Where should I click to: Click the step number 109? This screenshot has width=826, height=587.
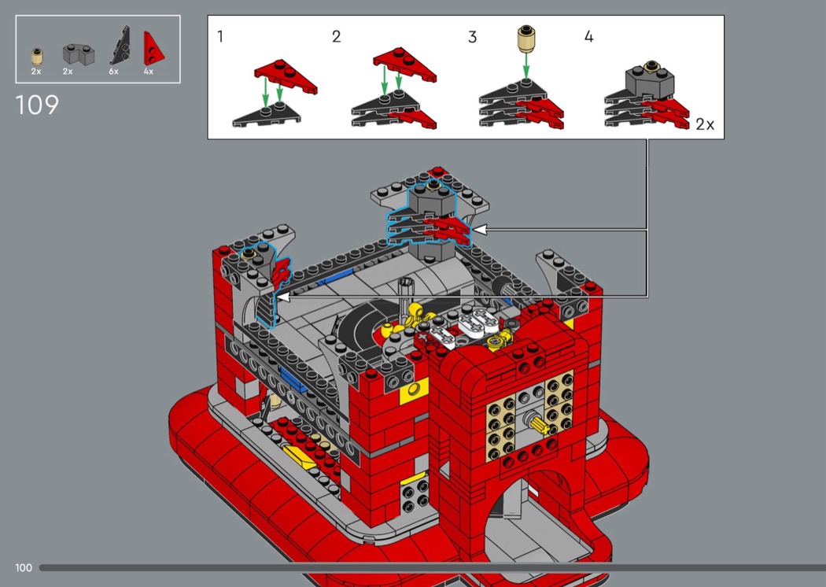tap(37, 105)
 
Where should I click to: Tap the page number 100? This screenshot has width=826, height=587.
tap(24, 567)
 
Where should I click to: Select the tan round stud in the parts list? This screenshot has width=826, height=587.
tap(36, 57)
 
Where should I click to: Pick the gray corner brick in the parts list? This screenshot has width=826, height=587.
tap(79, 54)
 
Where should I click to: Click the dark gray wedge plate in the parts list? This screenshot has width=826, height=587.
tap(120, 46)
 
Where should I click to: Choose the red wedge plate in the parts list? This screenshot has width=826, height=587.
tap(153, 48)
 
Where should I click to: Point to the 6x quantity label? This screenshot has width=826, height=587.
tap(114, 71)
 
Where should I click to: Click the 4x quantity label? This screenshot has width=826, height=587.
tap(149, 71)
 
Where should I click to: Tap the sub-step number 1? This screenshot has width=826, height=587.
tap(220, 36)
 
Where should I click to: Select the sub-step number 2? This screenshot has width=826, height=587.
tap(336, 36)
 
